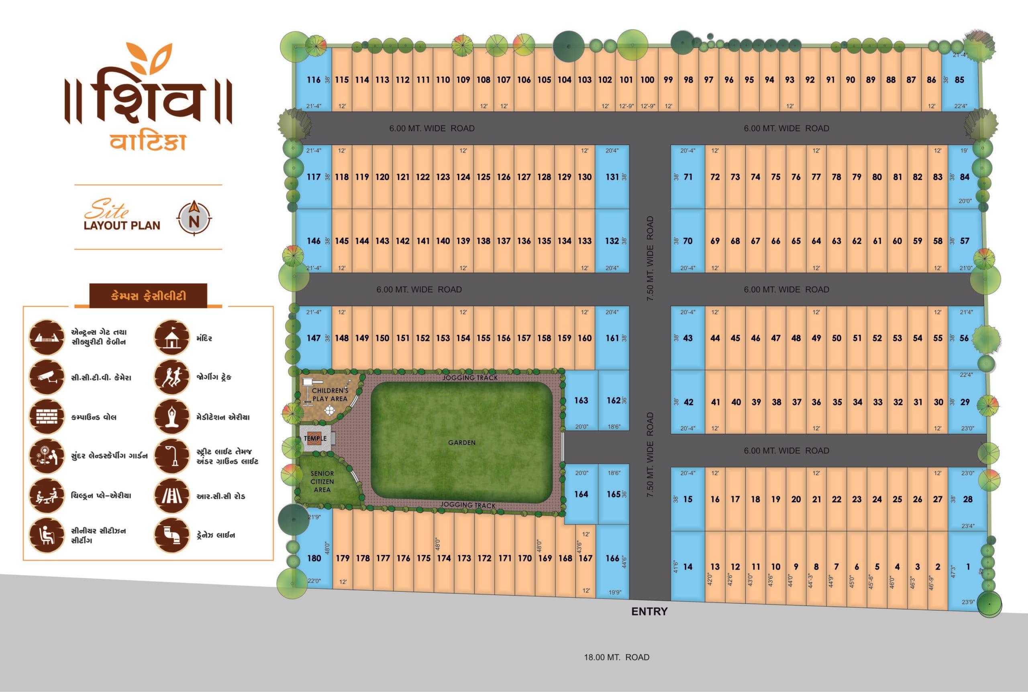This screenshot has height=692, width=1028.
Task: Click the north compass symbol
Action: point(194,218)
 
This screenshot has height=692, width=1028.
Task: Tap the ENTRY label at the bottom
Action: point(649,611)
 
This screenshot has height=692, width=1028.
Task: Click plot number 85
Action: point(959,80)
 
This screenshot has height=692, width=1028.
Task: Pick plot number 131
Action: point(612,177)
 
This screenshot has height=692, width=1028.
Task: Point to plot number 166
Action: point(612,558)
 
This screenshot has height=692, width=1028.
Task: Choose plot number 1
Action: point(968,567)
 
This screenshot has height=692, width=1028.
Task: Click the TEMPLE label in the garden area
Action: point(315,438)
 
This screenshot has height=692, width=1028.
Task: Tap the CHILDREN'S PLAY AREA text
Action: point(330,395)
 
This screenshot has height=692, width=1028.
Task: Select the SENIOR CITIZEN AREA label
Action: point(322,482)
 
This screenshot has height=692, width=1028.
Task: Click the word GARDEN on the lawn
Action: point(462,443)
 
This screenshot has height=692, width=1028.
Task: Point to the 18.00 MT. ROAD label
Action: point(617,657)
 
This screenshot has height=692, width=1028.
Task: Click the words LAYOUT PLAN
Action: point(122,226)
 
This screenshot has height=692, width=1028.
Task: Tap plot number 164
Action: point(581,494)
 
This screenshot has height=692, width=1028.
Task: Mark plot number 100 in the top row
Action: point(647,80)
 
